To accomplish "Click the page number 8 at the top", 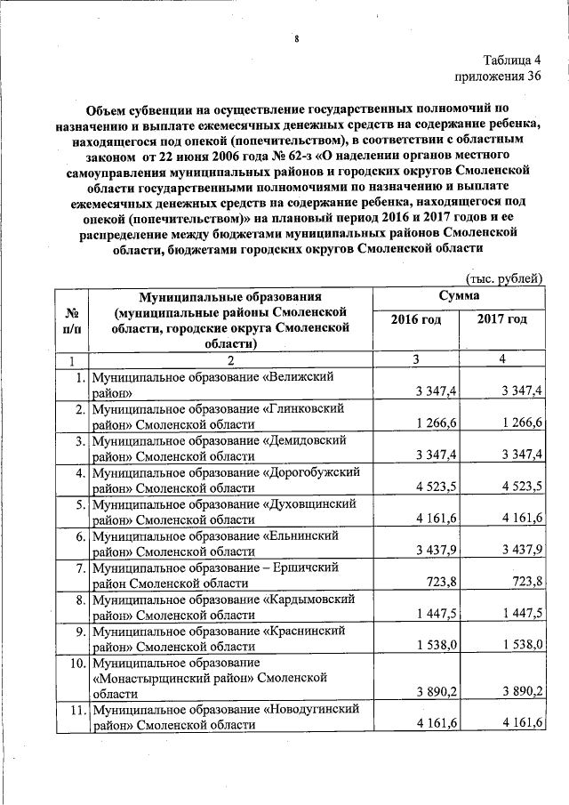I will pos(296,39).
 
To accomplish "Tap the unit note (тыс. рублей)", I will pos(504,278).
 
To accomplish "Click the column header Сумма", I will pos(459,294).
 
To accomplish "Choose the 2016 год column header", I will pos(415,319).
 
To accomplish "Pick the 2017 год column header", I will pos(502,319).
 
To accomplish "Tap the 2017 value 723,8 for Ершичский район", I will pos(526,584).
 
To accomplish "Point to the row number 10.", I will pos(76,664).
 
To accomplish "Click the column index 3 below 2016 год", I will pos(415,359).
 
